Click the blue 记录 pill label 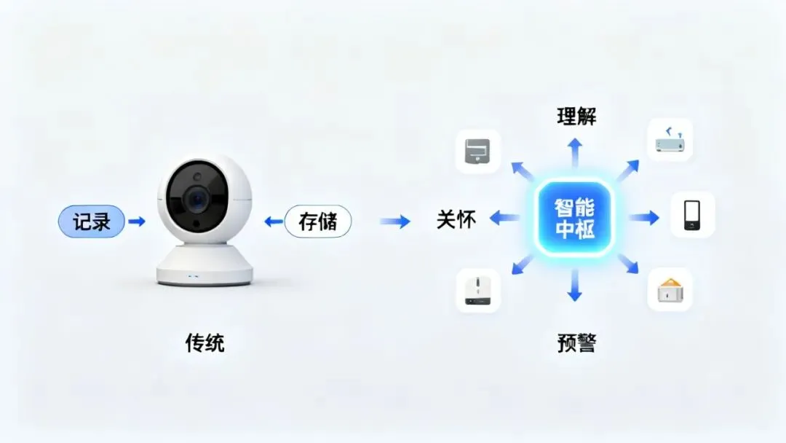click(x=92, y=221)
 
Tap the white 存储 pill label click(x=318, y=221)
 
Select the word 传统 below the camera click(x=205, y=343)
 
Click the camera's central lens click(x=197, y=199)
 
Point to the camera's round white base click(x=205, y=265)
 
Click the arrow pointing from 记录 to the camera click(x=137, y=221)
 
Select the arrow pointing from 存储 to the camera click(x=273, y=221)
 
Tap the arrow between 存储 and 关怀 click(x=395, y=221)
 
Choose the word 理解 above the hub click(x=576, y=117)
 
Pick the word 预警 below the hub click(x=576, y=344)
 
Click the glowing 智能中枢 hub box click(x=574, y=219)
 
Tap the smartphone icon click(x=692, y=215)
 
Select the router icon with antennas click(x=670, y=140)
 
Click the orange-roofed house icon click(x=670, y=290)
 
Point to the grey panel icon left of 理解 click(x=477, y=152)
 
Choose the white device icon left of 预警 click(x=477, y=291)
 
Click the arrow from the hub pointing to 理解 click(x=575, y=152)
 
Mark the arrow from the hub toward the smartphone click(x=644, y=218)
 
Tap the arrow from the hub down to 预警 click(x=575, y=285)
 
